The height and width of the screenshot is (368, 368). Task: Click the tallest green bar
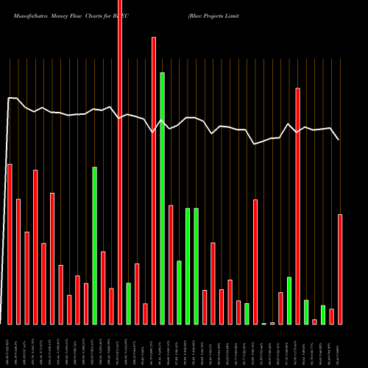[162, 199]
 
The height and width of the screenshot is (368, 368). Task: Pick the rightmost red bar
[340, 269]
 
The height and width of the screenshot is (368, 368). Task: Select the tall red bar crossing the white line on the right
[298, 206]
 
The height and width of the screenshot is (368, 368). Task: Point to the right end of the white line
[339, 139]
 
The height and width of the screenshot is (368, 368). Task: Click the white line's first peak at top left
[10, 97]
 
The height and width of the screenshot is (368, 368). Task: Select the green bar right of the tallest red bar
[128, 303]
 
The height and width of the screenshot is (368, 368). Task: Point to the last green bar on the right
[323, 315]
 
